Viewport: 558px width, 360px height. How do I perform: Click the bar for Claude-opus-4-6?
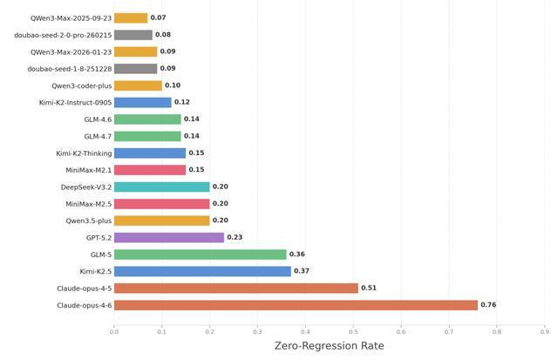pyautogui.click(x=296, y=305)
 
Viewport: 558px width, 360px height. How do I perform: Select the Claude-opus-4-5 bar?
pyautogui.click(x=235, y=288)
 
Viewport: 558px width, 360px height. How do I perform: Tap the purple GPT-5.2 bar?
pyautogui.click(x=168, y=237)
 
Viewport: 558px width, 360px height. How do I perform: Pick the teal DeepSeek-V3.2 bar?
pyautogui.click(x=161, y=187)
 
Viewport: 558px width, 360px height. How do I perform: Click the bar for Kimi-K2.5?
pyautogui.click(x=202, y=271)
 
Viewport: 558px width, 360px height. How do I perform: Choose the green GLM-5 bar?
pyautogui.click(x=200, y=255)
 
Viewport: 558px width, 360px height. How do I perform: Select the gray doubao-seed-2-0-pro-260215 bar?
pyautogui.click(x=133, y=35)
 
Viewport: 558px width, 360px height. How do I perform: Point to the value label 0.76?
pyautogui.click(x=488, y=305)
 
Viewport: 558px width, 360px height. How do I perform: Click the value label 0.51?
pyautogui.click(x=369, y=288)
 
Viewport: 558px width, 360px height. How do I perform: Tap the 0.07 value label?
pyautogui.click(x=158, y=17)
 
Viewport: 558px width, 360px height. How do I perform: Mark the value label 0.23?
pyautogui.click(x=235, y=237)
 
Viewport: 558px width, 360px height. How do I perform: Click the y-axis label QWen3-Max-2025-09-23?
pyautogui.click(x=71, y=17)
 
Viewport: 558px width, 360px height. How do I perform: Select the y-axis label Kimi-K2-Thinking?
pyautogui.click(x=84, y=153)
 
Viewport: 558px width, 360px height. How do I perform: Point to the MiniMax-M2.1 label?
pyautogui.click(x=88, y=170)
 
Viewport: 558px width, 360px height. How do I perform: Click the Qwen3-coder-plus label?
pyautogui.click(x=81, y=85)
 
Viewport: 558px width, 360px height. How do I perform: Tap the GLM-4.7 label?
pyautogui.click(x=98, y=136)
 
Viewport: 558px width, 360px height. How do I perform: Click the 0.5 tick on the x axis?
pyautogui.click(x=353, y=331)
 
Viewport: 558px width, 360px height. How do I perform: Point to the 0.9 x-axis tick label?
pyautogui.click(x=544, y=331)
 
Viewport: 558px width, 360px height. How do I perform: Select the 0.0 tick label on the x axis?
pyautogui.click(x=114, y=331)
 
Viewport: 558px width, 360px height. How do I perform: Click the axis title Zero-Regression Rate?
pyautogui.click(x=329, y=346)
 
